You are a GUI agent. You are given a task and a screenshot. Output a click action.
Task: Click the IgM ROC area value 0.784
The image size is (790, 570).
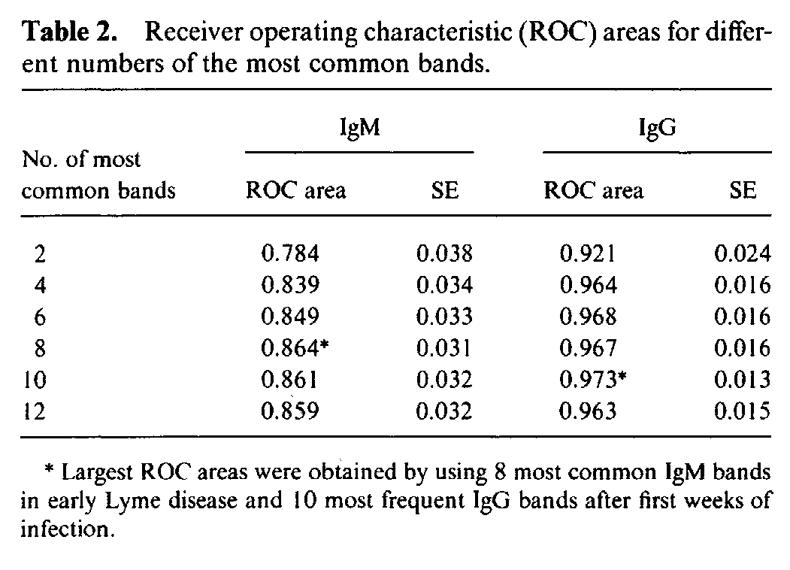[289, 254]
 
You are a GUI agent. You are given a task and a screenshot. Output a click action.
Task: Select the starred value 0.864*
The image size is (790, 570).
[294, 348]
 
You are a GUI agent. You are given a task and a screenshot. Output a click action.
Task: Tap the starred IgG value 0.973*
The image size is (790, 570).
[593, 380]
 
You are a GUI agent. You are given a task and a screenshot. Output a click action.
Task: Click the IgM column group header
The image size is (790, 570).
[359, 127]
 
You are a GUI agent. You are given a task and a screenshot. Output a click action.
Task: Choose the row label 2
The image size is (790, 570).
[39, 255]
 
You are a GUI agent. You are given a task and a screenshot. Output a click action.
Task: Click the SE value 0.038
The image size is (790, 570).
[444, 254]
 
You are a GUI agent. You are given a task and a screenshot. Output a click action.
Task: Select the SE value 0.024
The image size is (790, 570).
[742, 254]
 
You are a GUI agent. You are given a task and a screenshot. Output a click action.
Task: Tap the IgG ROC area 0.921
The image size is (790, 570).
[588, 254]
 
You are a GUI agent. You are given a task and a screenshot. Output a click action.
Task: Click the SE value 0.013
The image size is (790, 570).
[742, 380]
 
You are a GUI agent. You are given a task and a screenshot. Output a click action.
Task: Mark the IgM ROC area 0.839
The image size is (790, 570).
[289, 286]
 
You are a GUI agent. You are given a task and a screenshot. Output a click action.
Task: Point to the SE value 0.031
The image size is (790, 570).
[444, 348]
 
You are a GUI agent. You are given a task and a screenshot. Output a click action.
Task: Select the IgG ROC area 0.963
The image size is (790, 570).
[588, 411]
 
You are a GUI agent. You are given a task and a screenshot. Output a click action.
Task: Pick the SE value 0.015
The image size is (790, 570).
[742, 411]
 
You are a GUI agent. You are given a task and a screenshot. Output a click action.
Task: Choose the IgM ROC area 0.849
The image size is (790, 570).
[289, 317]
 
